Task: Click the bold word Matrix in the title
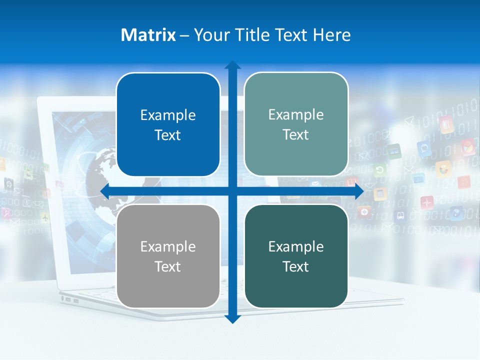[148, 35]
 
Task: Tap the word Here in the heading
[331, 35]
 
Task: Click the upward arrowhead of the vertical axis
[232, 65]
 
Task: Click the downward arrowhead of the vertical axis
[232, 318]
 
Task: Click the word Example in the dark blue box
[167, 115]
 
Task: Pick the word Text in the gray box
[167, 266]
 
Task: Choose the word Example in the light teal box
[295, 114]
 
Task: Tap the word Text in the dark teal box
[295, 266]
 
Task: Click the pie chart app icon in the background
[467, 147]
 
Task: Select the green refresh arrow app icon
[379, 170]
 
